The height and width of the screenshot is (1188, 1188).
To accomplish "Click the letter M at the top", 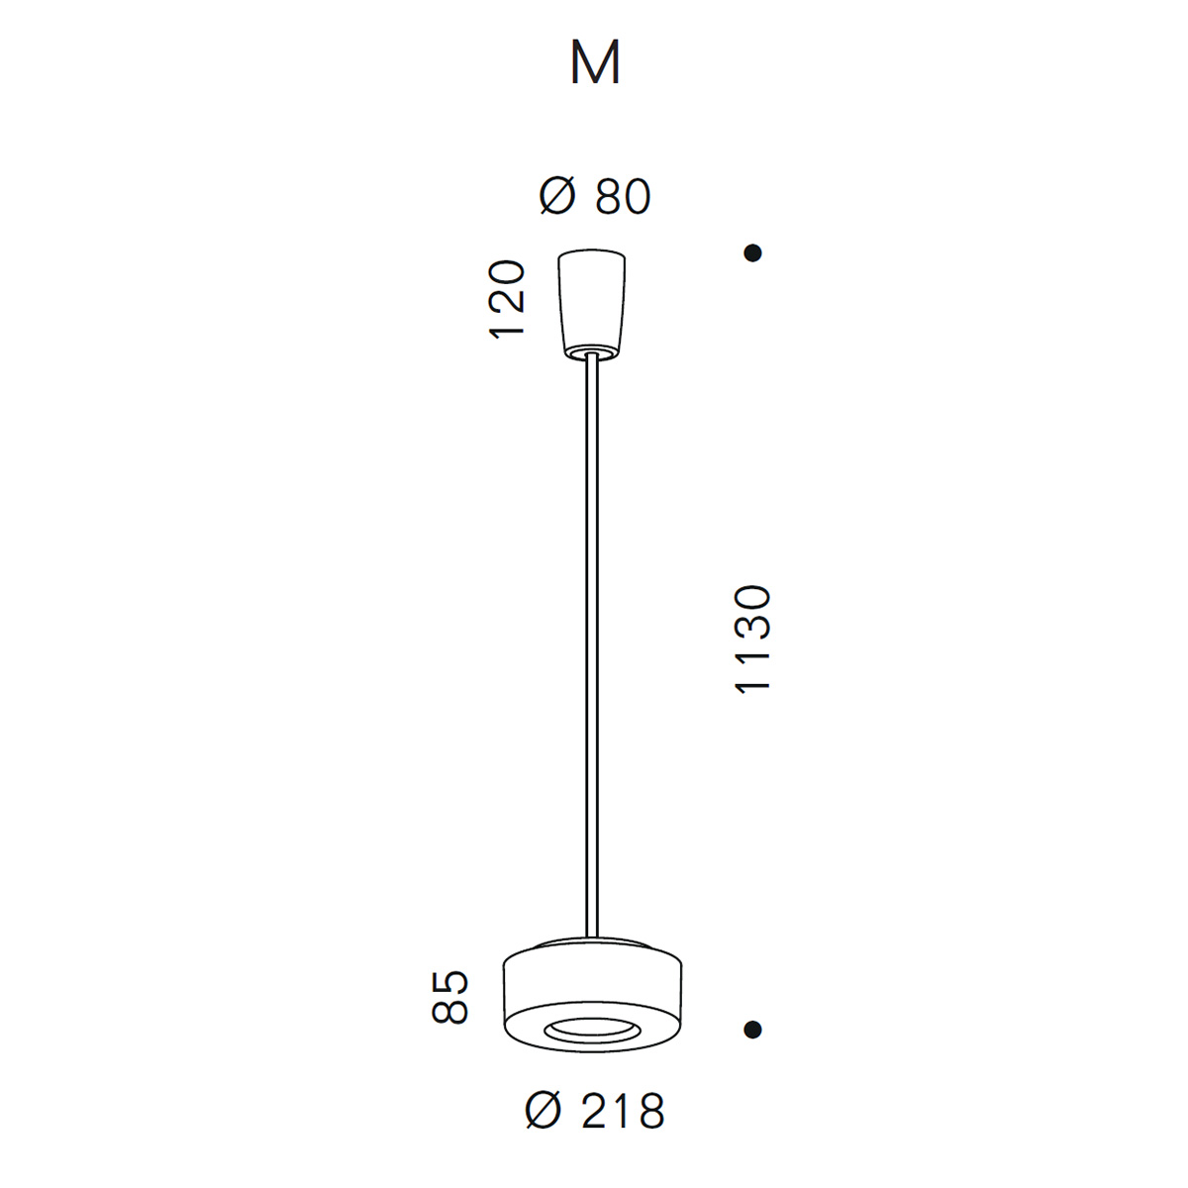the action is (x=595, y=62).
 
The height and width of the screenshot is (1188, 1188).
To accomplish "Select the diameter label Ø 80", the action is (x=595, y=197).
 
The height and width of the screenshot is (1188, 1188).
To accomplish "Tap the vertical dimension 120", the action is (x=507, y=300).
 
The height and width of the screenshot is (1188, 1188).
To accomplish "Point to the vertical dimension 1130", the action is (x=752, y=640).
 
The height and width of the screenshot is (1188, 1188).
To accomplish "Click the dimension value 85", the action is (x=450, y=997).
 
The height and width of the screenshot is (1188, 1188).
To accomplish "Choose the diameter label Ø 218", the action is (x=595, y=1111).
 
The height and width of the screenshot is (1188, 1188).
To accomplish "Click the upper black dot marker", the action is (x=752, y=252).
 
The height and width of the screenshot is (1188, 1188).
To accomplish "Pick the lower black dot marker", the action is (x=752, y=1029).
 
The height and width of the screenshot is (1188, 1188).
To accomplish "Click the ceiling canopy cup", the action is (x=591, y=304).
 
